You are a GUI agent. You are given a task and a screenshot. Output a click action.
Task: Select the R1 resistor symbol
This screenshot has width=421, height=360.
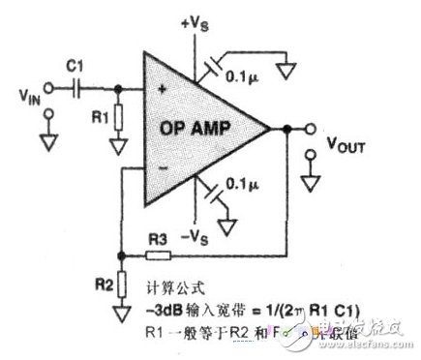tap(118, 119)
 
